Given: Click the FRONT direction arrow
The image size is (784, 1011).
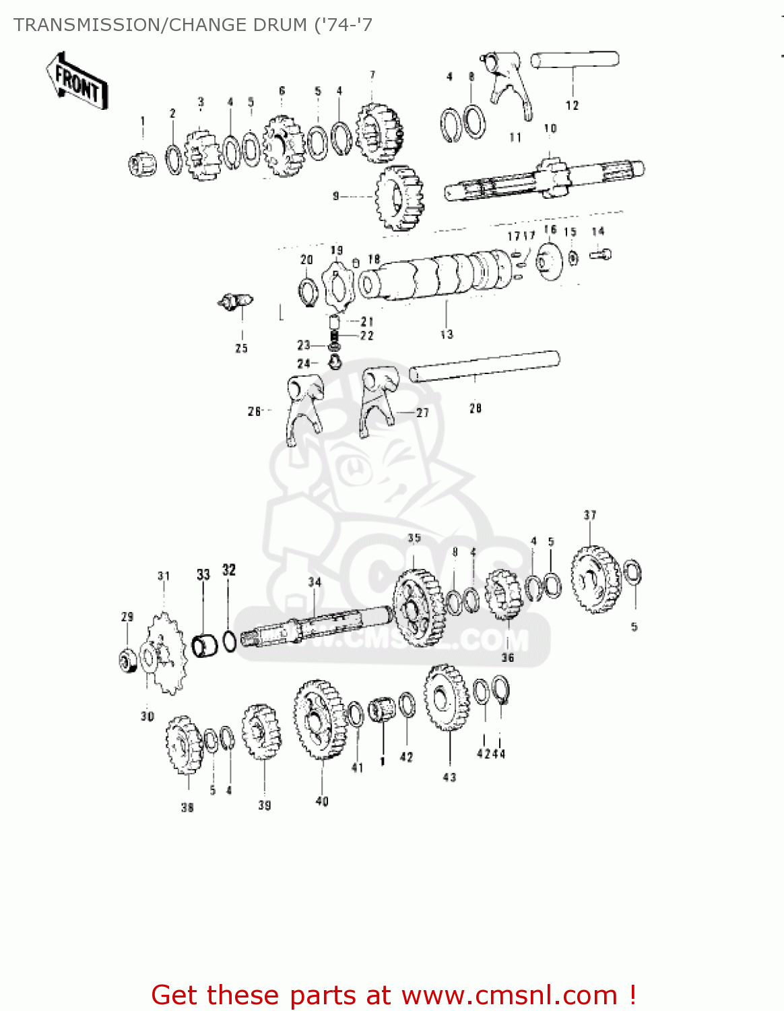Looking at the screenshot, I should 77,81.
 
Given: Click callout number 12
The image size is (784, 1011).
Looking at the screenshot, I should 572,105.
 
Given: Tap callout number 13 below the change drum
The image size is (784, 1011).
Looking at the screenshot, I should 447,334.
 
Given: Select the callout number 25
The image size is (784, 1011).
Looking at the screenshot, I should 241,348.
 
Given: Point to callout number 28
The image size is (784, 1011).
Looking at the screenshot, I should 476,408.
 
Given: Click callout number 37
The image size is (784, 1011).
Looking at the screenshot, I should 590,515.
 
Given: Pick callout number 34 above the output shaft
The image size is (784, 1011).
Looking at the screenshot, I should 315,582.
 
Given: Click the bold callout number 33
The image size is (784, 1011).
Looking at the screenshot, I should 203,574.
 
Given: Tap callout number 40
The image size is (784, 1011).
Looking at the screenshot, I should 322,801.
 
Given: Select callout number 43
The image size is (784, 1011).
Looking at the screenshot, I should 449,777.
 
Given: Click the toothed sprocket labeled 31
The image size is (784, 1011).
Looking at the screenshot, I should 165,652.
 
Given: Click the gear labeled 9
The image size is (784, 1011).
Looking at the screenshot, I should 399,197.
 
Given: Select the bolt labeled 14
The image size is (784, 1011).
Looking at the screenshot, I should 600,254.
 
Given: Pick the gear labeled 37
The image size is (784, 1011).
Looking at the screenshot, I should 595,580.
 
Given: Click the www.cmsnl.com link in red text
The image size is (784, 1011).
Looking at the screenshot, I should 509,995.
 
